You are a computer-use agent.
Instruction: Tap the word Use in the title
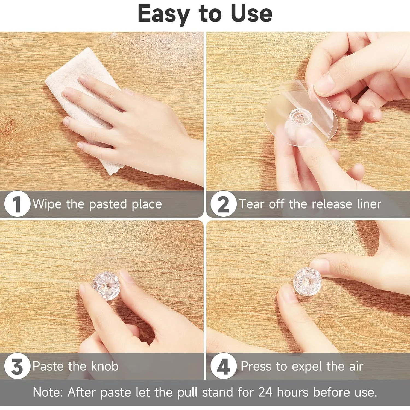coord(251,13)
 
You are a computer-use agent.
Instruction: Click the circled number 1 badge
coord(17,204)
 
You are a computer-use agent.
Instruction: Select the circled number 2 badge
coord(223,204)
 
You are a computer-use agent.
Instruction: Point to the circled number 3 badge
coord(17,366)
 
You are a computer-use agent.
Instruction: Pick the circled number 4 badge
coord(223,366)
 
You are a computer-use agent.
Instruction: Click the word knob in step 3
coord(105,366)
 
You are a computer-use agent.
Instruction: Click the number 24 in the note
coord(265,392)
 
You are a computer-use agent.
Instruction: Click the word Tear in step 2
coord(252,204)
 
